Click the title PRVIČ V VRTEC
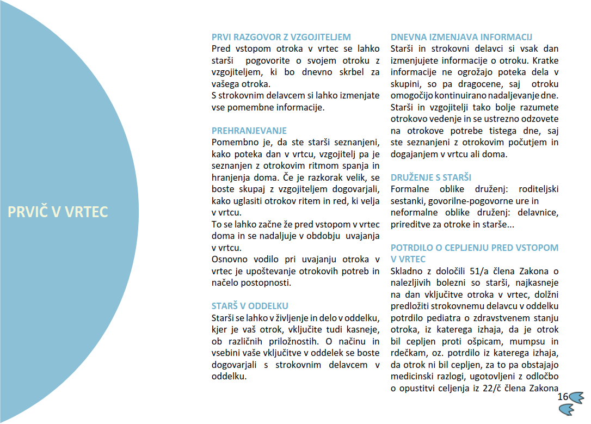click(x=58, y=212)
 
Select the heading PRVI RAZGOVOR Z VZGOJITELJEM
click(x=281, y=37)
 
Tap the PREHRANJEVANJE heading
click(x=249, y=131)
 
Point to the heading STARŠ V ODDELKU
click(x=250, y=306)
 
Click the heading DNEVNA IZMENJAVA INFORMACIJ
click(x=461, y=37)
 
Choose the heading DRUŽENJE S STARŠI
click(x=431, y=177)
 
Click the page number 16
click(x=563, y=396)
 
